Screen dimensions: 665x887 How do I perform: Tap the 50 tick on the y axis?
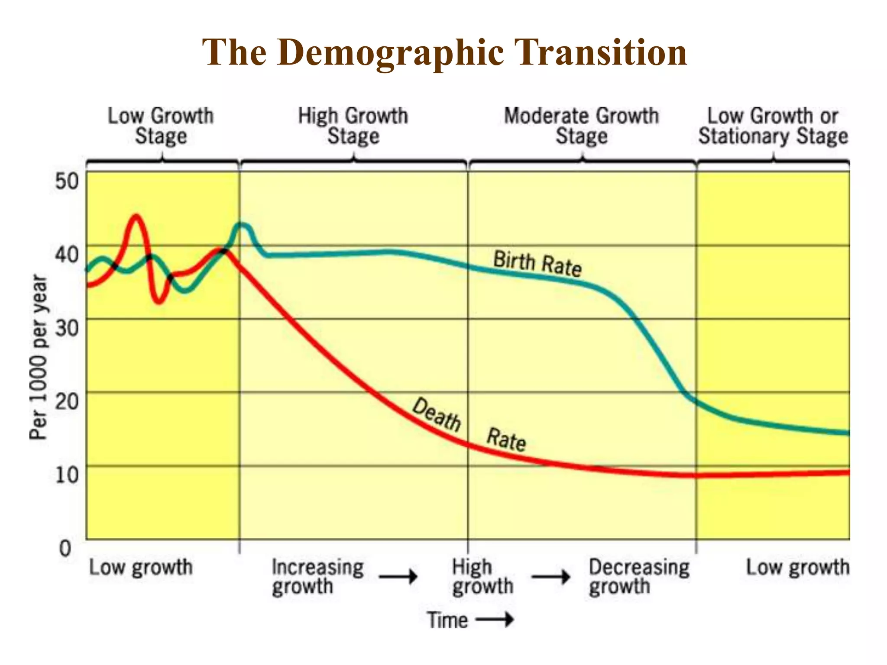click(x=67, y=181)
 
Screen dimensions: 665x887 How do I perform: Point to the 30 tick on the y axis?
click(x=67, y=328)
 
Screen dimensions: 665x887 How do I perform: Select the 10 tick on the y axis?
click(x=67, y=475)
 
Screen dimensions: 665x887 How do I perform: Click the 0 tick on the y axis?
click(x=65, y=549)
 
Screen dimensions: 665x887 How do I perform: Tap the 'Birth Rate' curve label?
click(x=537, y=263)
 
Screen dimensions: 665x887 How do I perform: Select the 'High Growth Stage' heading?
click(x=353, y=126)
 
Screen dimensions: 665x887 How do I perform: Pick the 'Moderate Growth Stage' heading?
click(x=581, y=126)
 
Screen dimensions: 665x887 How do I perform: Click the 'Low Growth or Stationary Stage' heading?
click(x=773, y=126)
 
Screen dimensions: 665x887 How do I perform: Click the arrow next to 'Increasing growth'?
click(x=398, y=577)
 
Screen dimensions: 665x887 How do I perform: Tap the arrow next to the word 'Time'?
click(x=495, y=620)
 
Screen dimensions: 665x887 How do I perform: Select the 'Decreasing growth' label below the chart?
click(x=638, y=577)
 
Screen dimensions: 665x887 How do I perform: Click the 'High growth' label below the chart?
click(x=482, y=577)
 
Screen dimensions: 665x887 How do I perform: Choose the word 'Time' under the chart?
click(x=447, y=620)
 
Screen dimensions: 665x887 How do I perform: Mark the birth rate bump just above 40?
click(x=243, y=226)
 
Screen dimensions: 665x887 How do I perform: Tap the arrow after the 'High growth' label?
click(x=551, y=577)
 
